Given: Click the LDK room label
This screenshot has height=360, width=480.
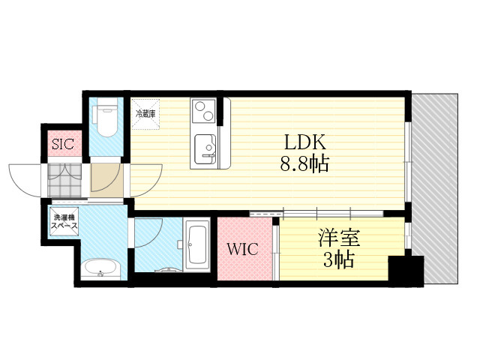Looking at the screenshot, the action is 304,142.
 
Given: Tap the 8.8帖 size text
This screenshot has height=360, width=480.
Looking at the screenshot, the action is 304,163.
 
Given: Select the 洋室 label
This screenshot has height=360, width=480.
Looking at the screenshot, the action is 339,238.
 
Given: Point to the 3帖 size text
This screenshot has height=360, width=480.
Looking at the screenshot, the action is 339,259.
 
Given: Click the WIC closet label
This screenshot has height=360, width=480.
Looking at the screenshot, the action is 242,249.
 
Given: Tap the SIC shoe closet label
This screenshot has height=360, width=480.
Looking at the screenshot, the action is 63,143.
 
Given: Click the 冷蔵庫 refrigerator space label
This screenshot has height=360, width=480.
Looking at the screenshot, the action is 145,114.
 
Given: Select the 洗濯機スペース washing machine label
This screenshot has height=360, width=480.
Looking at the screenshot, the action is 64,222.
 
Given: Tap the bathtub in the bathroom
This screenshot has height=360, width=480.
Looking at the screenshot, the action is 197,245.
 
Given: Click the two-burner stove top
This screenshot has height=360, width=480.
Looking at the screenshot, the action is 204,111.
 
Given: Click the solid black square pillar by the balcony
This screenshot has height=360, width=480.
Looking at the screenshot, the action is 406,271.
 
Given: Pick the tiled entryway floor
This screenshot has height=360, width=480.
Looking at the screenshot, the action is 64,180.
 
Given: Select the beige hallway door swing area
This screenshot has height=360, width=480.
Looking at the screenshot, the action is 106,180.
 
